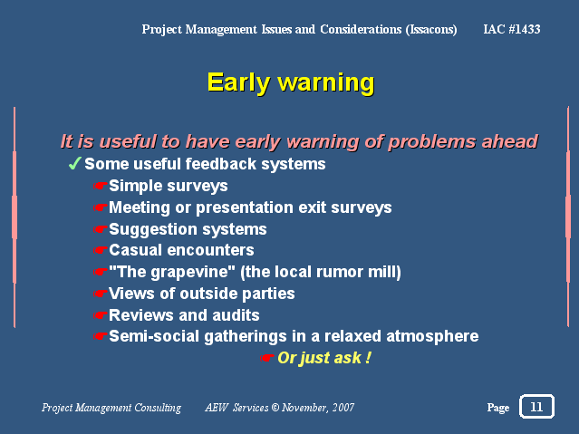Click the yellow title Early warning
[291, 82]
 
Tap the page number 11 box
[536, 406]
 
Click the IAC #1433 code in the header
[512, 29]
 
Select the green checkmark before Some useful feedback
[74, 163]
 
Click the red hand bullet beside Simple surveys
[100, 186]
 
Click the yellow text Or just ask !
[324, 358]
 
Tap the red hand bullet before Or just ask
[266, 358]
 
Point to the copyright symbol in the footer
[275, 407]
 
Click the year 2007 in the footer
[343, 407]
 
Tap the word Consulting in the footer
[158, 408]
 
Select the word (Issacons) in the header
[431, 30]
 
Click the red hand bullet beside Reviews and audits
[100, 315]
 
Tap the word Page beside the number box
[498, 408]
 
